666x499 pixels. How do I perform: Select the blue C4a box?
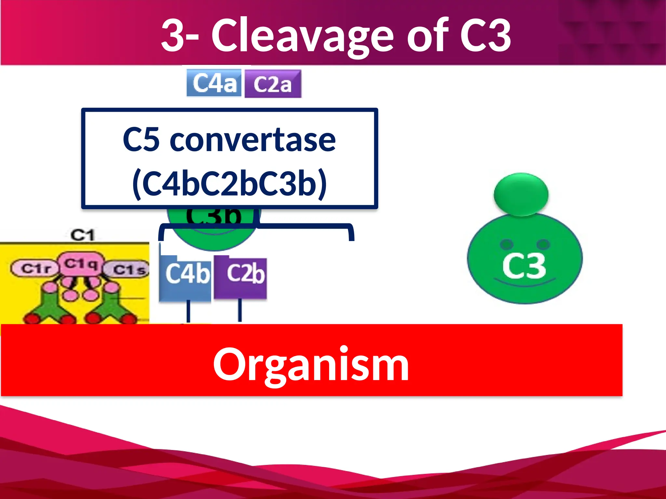(214, 83)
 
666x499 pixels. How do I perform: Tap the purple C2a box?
(273, 84)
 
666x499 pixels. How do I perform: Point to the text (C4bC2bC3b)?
(230, 183)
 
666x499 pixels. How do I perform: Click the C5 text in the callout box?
(141, 140)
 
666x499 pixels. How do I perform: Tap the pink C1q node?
(81, 263)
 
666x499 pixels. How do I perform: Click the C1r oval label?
(35, 268)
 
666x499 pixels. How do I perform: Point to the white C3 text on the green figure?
(524, 266)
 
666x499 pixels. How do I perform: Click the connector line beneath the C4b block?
(188, 311)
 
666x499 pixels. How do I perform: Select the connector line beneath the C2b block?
(240, 310)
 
